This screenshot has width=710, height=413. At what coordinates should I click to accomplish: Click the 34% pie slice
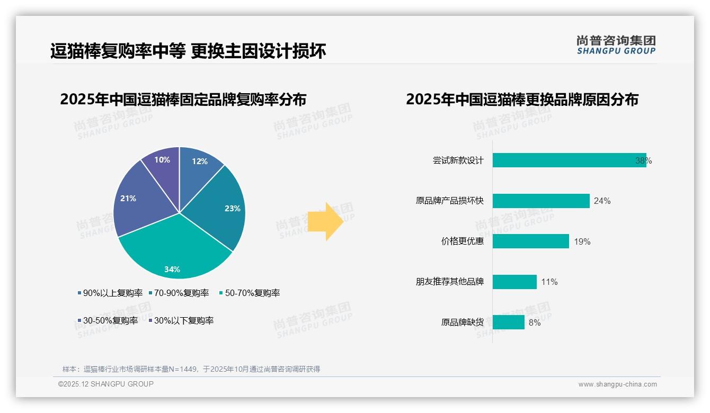click(175, 254)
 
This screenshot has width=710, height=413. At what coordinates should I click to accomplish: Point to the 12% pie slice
click(199, 167)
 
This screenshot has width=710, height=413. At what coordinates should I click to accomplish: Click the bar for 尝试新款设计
click(569, 160)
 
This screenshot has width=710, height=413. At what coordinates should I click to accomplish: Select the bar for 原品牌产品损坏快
click(541, 201)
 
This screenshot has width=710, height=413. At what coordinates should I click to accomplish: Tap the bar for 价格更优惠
click(530, 241)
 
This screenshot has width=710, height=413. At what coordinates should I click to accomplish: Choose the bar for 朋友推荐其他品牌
click(514, 282)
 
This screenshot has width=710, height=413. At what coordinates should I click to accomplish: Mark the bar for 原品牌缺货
click(508, 322)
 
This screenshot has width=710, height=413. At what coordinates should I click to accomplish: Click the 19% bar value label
click(582, 242)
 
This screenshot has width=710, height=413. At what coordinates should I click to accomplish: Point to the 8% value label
click(535, 322)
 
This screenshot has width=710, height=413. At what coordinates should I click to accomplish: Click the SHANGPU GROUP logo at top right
click(616, 45)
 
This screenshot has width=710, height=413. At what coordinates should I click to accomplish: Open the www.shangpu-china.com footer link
click(617, 384)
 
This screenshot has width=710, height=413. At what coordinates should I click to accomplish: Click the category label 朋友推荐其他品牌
click(450, 282)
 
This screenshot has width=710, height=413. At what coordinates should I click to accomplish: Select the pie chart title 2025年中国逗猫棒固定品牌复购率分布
click(183, 100)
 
